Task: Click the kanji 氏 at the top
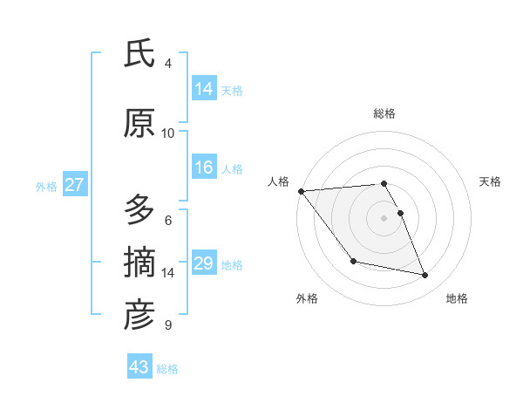coord(139,54)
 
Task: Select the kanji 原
coord(139,124)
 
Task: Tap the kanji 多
coord(139,210)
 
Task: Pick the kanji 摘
coord(139,263)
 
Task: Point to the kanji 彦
coord(139,315)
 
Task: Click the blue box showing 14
coord(204,89)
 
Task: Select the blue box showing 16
coord(204,167)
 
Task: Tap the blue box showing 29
coord(204,263)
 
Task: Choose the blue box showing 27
coord(74,185)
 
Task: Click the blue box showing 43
coord(139,367)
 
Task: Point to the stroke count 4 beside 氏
coord(168,64)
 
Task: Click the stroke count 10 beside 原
coord(168,133)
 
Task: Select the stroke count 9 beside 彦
coord(168,325)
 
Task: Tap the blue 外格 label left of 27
coord(46,186)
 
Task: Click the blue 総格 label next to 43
coord(167,368)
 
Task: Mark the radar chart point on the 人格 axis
coord(301,191)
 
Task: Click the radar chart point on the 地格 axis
coord(425,276)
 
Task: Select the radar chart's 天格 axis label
coord(491,181)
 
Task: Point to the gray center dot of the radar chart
coord(384,217)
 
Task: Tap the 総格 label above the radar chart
coord(384,113)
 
